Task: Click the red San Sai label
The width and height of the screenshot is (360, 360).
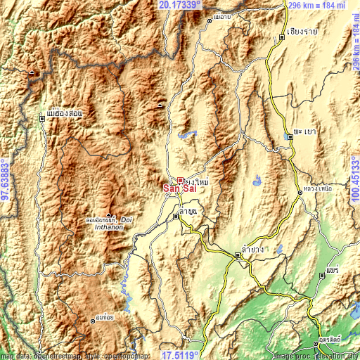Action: coord(179,188)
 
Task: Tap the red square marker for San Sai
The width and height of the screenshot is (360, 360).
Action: coord(180,181)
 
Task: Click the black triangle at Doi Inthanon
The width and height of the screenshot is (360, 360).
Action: coord(109,214)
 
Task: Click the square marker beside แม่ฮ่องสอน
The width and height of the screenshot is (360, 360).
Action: coord(42,119)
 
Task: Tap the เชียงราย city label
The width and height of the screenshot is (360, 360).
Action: coord(303,32)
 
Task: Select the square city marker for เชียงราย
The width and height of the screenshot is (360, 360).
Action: coord(282,40)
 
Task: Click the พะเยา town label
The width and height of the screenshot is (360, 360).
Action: coord(304,131)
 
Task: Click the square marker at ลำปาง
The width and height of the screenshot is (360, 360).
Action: coord(237,257)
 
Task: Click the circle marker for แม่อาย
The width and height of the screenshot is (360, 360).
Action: coord(209,22)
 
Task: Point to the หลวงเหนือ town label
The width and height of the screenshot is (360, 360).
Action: coord(316,189)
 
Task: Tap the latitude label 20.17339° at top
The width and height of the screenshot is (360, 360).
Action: coord(179,5)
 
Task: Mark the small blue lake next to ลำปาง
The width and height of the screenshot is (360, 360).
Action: coord(279,247)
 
